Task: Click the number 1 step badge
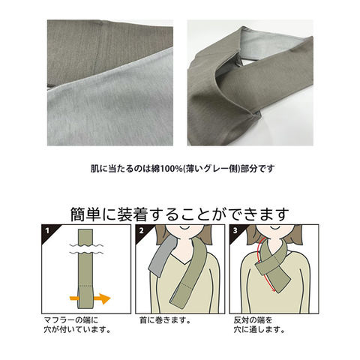click(x=47, y=230)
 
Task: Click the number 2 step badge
click(x=142, y=230)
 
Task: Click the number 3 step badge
click(x=235, y=230)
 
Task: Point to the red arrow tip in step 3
click(x=274, y=291)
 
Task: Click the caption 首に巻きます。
click(x=165, y=320)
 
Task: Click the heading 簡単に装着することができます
click(x=180, y=214)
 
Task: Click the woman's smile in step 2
click(x=184, y=227)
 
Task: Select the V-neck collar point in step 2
click(x=186, y=264)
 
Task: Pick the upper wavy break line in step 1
click(x=86, y=244)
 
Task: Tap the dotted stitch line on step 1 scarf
click(x=85, y=285)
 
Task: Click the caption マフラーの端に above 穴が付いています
click(x=71, y=320)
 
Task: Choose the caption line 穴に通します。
click(x=259, y=330)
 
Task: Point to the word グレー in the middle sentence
click(x=216, y=169)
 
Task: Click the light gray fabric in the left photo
click(x=110, y=110)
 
